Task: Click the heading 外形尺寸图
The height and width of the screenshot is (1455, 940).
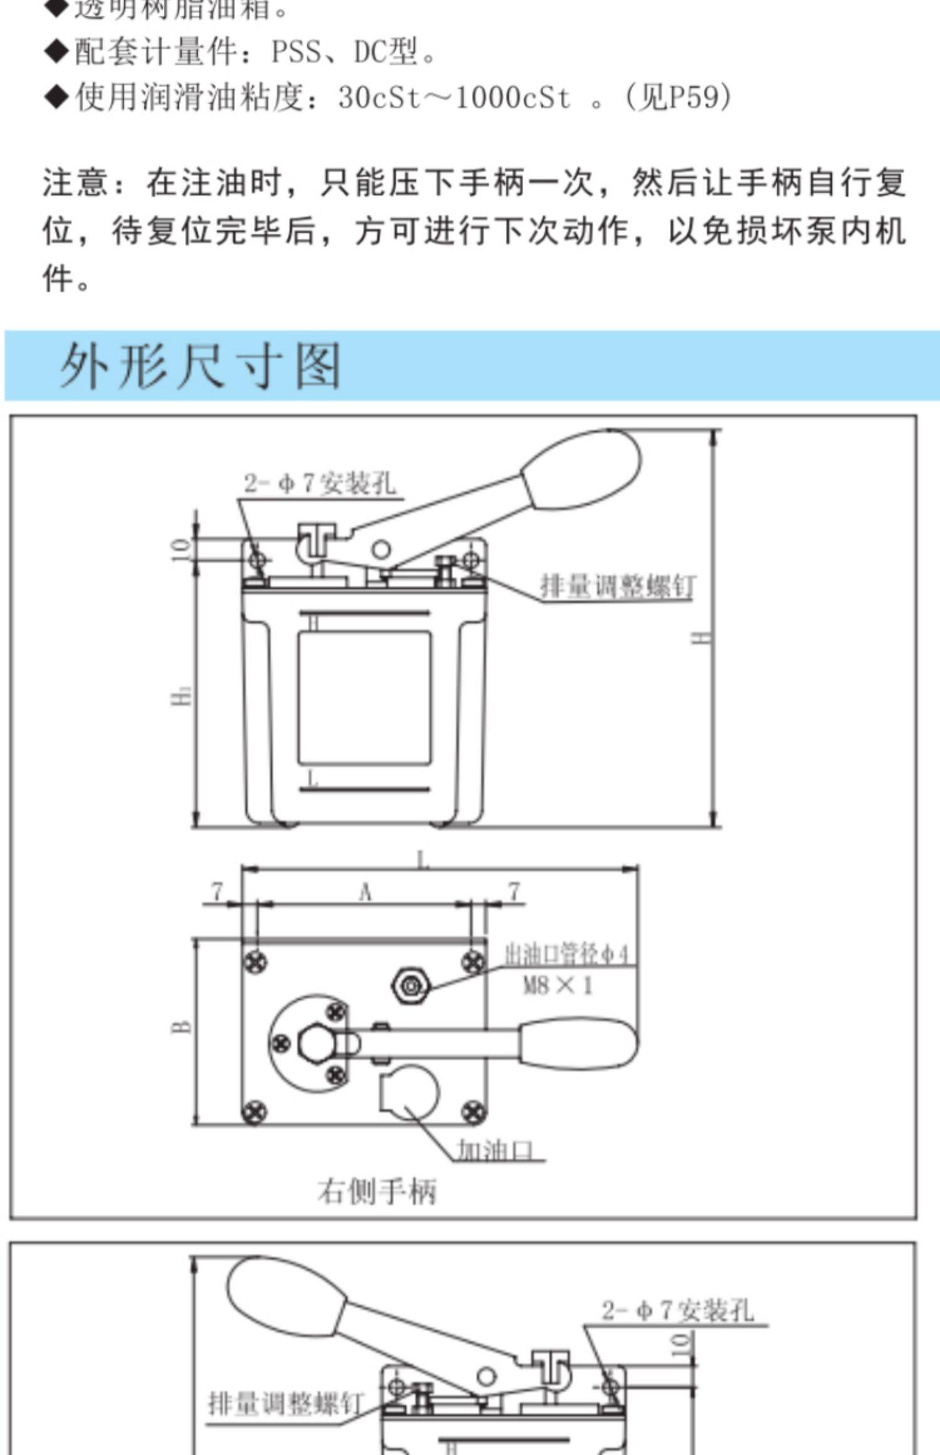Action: coord(201,365)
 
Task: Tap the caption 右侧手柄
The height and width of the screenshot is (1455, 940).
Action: coord(376,1191)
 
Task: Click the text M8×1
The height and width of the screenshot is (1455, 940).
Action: coord(558,986)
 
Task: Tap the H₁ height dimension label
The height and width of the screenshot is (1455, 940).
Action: coord(182,696)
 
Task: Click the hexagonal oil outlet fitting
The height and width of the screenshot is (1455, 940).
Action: coord(410,986)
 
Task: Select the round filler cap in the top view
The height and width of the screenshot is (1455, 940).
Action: coord(410,1091)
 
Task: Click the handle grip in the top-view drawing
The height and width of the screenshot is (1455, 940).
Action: coord(577,1043)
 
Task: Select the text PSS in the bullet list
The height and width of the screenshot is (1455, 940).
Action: coord(296,51)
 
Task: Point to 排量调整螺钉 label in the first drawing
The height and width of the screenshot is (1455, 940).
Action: coord(618,587)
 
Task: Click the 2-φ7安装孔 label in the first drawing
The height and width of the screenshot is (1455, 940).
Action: coord(320,483)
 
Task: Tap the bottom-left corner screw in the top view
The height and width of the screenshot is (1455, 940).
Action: coord(254,1112)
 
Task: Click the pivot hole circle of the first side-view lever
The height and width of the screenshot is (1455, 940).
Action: coord(380,550)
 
